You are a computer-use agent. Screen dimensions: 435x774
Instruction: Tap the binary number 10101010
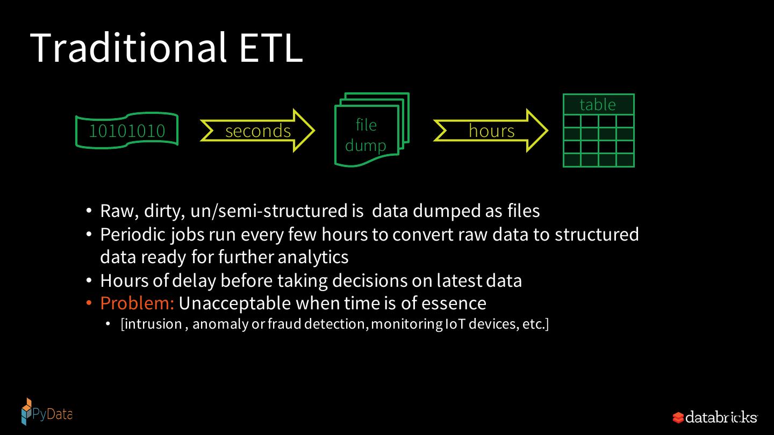pos(127,130)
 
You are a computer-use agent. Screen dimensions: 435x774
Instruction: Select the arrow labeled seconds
pos(257,130)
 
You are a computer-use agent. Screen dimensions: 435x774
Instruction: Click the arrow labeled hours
pos(491,130)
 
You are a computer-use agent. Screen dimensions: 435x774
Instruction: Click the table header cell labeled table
pos(598,104)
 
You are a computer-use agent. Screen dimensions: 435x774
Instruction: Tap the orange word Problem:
pos(137,303)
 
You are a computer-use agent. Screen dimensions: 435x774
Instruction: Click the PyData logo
pos(46,412)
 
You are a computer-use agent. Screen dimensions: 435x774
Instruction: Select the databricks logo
pos(715,417)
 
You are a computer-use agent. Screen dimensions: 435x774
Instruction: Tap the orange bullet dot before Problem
pos(89,304)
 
